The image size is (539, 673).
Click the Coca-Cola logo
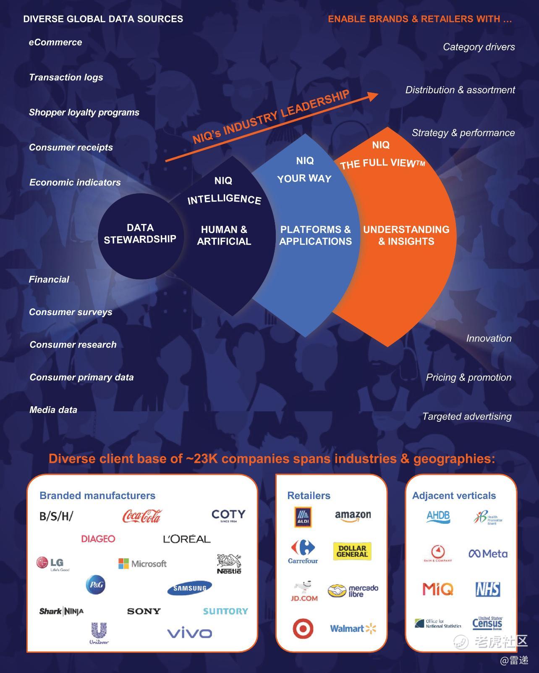tap(141, 516)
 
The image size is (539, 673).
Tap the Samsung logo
tap(189, 588)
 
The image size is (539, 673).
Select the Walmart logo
tap(353, 628)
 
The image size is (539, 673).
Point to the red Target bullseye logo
tap(303, 629)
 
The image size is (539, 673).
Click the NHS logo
tap(487, 589)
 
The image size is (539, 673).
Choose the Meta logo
tap(488, 554)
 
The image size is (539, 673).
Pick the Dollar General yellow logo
tap(352, 551)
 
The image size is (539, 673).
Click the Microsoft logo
tap(143, 564)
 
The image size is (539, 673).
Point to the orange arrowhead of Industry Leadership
tap(373, 96)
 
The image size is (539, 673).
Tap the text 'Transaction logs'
tap(66, 77)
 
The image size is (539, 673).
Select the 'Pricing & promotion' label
tap(468, 377)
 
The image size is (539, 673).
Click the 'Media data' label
tap(53, 410)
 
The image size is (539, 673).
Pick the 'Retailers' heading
tap(309, 496)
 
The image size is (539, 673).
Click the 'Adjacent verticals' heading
tap(454, 496)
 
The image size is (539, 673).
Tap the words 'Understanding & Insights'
tap(406, 235)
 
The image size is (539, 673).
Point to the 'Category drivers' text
tap(479, 47)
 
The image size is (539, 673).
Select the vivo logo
tap(189, 633)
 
